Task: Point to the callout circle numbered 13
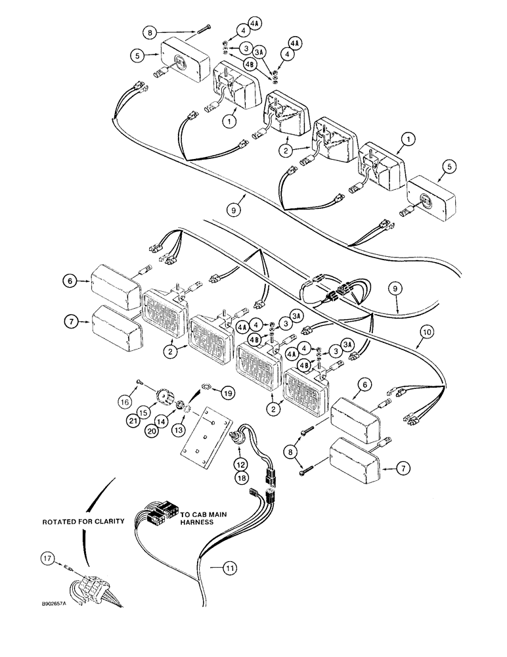tap(179, 430)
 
